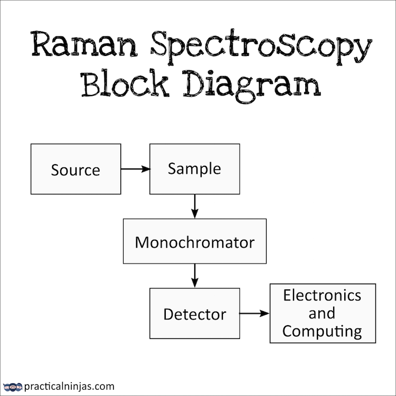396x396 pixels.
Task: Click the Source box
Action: [76, 169]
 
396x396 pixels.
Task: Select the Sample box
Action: [194, 168]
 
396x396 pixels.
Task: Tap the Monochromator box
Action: [194, 241]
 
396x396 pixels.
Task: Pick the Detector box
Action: [194, 313]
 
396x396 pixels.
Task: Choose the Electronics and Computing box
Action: [323, 313]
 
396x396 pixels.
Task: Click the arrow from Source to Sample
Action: [135, 169]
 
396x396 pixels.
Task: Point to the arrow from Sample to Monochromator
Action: [194, 206]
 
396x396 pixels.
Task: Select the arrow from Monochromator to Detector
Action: [194, 276]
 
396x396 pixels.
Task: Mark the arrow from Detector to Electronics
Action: [254, 313]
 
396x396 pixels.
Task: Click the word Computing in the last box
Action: [322, 331]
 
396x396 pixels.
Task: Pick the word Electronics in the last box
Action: [322, 295]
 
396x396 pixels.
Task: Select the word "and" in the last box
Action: [322, 313]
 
